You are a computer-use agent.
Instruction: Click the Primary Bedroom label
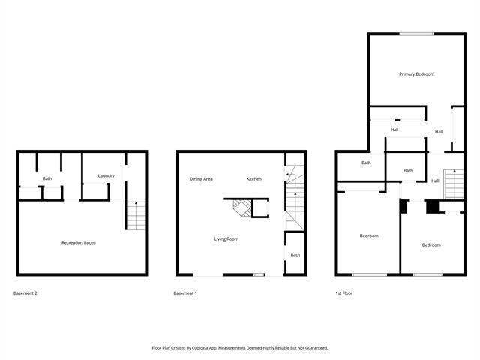[416, 73]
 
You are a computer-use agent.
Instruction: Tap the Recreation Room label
[78, 242]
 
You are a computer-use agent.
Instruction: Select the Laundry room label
[106, 175]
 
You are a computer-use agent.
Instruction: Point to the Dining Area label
[201, 178]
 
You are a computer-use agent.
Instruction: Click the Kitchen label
[254, 178]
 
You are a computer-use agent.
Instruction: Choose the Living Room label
[226, 238]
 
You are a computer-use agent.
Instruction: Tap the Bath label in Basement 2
[47, 178]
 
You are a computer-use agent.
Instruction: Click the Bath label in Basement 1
[295, 255]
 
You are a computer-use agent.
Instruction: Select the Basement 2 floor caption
[25, 292]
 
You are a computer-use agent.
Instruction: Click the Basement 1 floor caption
[184, 292]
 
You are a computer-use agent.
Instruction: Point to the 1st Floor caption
[343, 292]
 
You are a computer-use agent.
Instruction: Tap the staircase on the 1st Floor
[452, 184]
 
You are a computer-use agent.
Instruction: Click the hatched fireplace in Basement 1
[241, 207]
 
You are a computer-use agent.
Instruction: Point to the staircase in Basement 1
[293, 199]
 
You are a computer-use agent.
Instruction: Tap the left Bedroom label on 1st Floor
[369, 235]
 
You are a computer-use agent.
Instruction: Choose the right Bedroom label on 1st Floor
[430, 245]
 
